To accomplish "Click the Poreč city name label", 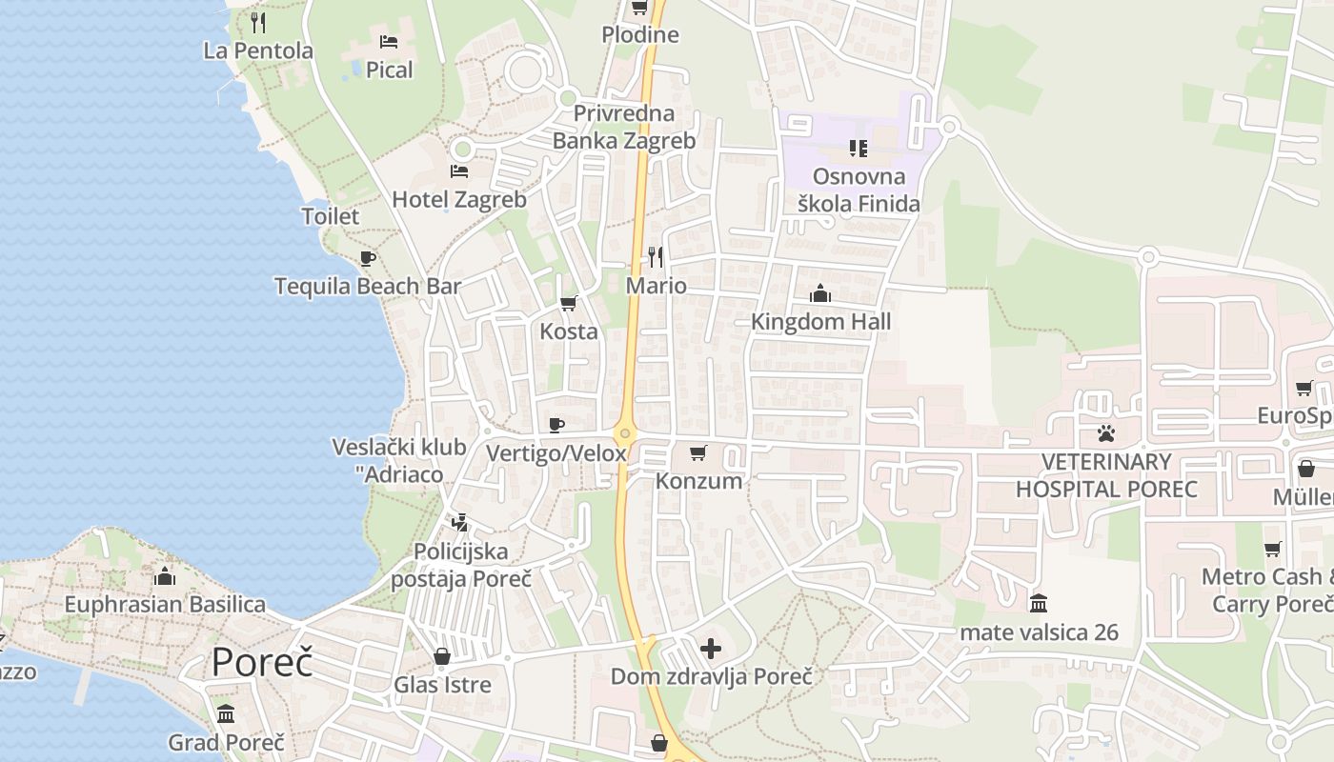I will tap(262, 661).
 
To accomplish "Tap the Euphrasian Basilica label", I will tap(165, 604).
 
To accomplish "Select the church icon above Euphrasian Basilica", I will tap(165, 576).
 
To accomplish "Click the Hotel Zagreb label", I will tap(459, 199).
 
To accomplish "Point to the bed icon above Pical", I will tap(389, 42).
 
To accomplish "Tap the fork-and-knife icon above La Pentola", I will tap(257, 21).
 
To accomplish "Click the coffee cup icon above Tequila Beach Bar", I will tap(368, 258).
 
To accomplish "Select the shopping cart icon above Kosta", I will tap(569, 304).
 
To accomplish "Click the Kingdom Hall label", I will tap(820, 321).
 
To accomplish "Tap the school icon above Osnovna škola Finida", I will tap(859, 149).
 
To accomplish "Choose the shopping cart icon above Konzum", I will tap(698, 453).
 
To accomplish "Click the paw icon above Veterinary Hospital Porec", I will tap(1105, 434).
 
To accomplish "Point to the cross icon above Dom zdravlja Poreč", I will tap(711, 649).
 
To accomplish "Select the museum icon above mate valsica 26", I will tap(1039, 604).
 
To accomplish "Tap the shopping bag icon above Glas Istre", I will tap(442, 656).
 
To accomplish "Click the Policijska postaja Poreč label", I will tap(461, 565).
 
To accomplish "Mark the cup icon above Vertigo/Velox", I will tap(556, 425).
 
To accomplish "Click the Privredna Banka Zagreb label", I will tap(624, 127).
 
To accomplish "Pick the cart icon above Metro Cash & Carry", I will tap(1273, 550).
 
